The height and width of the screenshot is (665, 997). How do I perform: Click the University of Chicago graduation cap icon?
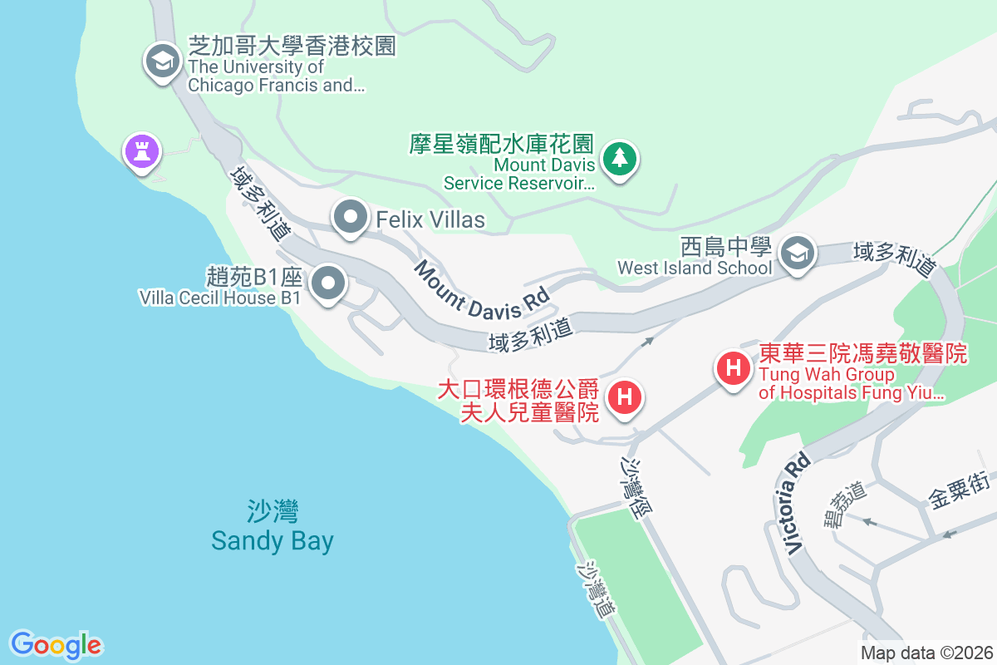(x=163, y=62)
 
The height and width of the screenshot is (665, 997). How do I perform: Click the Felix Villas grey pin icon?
(x=351, y=219)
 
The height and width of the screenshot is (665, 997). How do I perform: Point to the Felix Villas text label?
(x=430, y=219)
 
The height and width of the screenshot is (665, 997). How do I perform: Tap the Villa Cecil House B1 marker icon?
(x=329, y=284)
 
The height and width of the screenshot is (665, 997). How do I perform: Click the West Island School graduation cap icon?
(x=798, y=253)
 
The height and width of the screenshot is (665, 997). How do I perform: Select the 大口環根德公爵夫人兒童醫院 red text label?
(x=518, y=400)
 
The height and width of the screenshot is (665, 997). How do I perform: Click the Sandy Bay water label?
(x=273, y=526)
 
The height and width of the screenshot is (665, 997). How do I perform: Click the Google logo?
(x=56, y=645)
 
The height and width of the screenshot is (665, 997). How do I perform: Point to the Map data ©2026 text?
(x=926, y=653)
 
